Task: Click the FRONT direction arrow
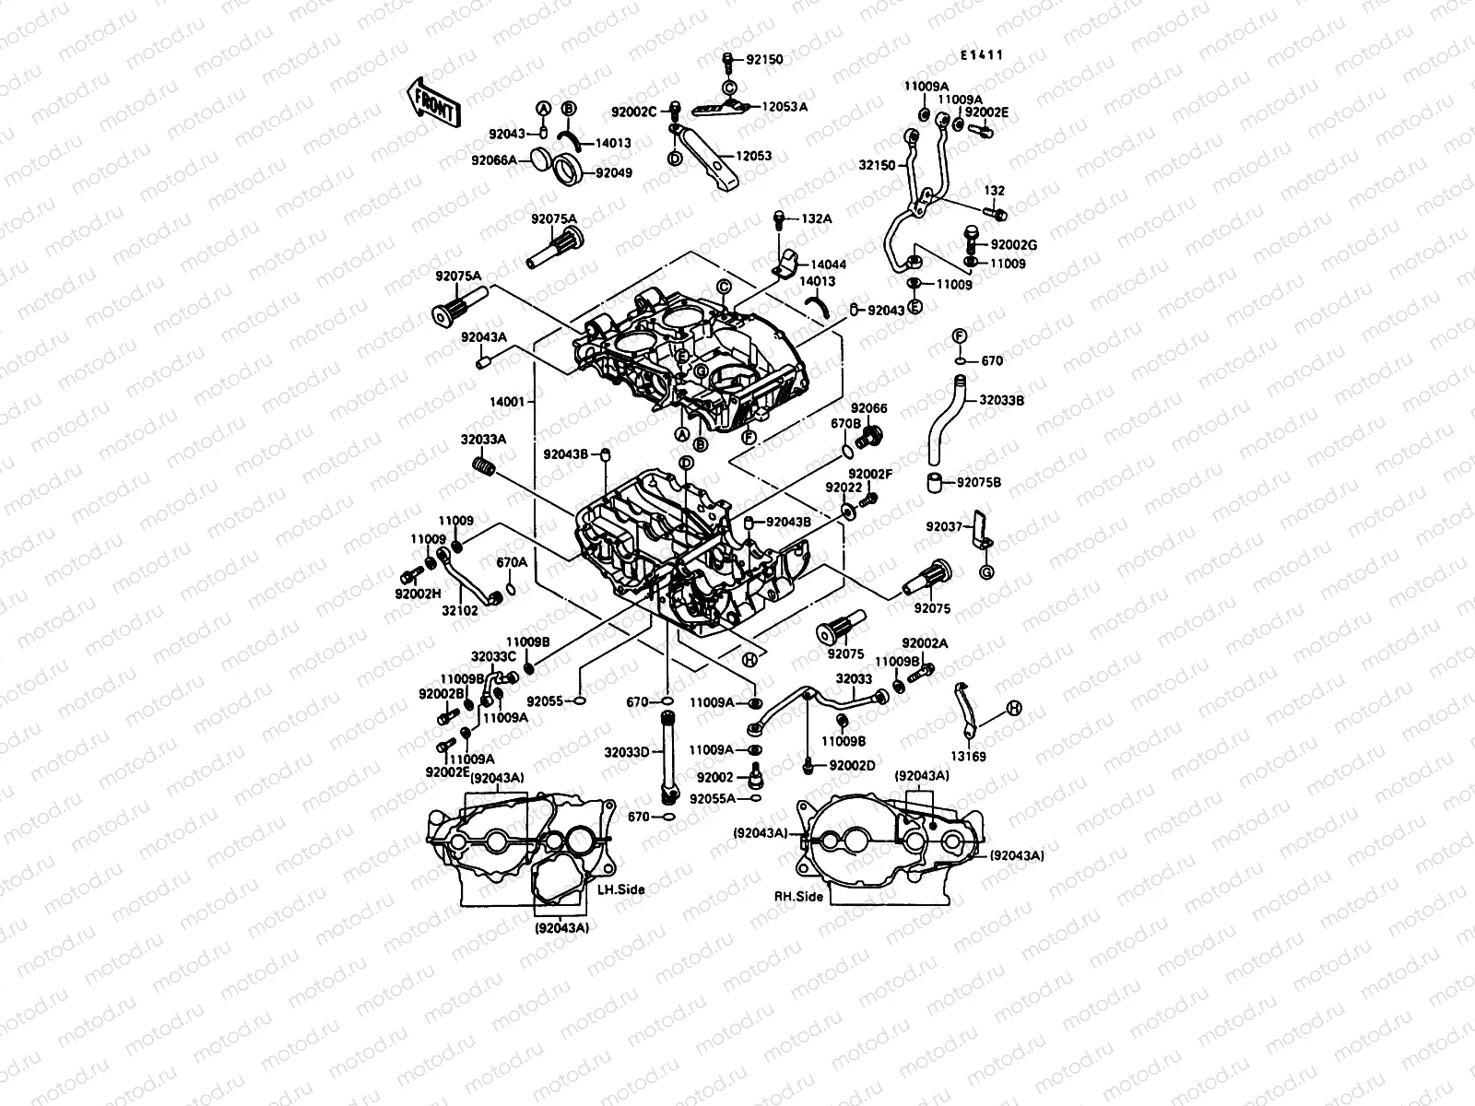point(431,101)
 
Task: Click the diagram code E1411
point(981,55)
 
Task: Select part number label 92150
point(764,60)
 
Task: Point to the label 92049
point(613,172)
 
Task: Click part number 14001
point(508,402)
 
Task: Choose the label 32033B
point(1002,401)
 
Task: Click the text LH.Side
point(620,889)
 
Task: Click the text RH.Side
point(798,895)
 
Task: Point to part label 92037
point(944,527)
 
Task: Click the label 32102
point(459,609)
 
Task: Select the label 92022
point(844,488)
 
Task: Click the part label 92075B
point(979,482)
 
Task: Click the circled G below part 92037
point(985,573)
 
